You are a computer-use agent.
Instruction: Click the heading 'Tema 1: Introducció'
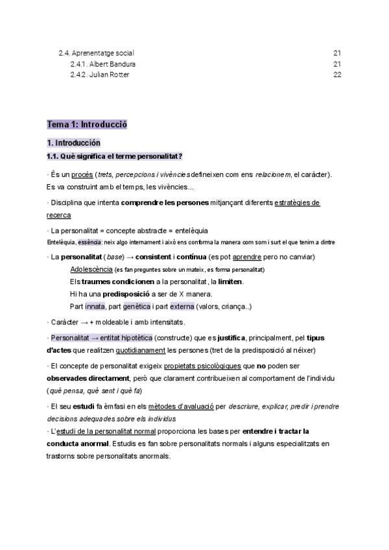tap(87, 125)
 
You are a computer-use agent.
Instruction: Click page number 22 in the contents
tap(336, 75)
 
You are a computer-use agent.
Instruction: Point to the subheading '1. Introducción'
tap(73, 142)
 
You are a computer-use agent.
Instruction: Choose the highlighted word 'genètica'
tap(137, 306)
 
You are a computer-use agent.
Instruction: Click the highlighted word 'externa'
tap(182, 306)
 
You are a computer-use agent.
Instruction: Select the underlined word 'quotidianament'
tap(141, 350)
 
